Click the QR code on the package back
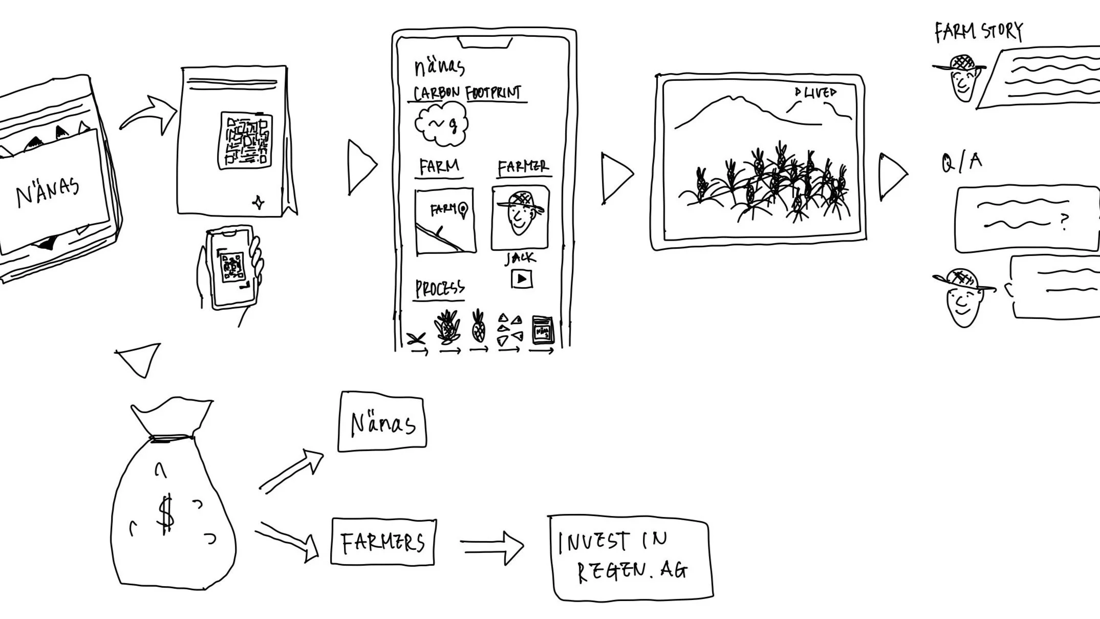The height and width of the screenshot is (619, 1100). [245, 140]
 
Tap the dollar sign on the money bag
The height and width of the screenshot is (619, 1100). [165, 514]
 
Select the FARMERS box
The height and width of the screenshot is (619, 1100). [383, 542]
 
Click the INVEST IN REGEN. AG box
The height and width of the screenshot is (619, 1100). [631, 558]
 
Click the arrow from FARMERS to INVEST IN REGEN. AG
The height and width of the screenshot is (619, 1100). [492, 546]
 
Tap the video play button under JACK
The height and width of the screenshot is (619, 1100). [522, 279]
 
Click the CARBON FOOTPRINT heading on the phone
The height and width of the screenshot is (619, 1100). [467, 93]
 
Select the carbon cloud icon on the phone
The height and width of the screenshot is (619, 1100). [441, 123]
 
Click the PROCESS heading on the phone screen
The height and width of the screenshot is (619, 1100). [440, 289]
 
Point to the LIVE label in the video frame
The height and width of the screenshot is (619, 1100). [816, 93]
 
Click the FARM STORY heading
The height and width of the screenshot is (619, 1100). [978, 32]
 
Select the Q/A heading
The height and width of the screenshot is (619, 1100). [961, 162]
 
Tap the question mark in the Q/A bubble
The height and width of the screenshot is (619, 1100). [1064, 221]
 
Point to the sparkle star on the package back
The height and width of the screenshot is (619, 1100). [259, 203]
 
